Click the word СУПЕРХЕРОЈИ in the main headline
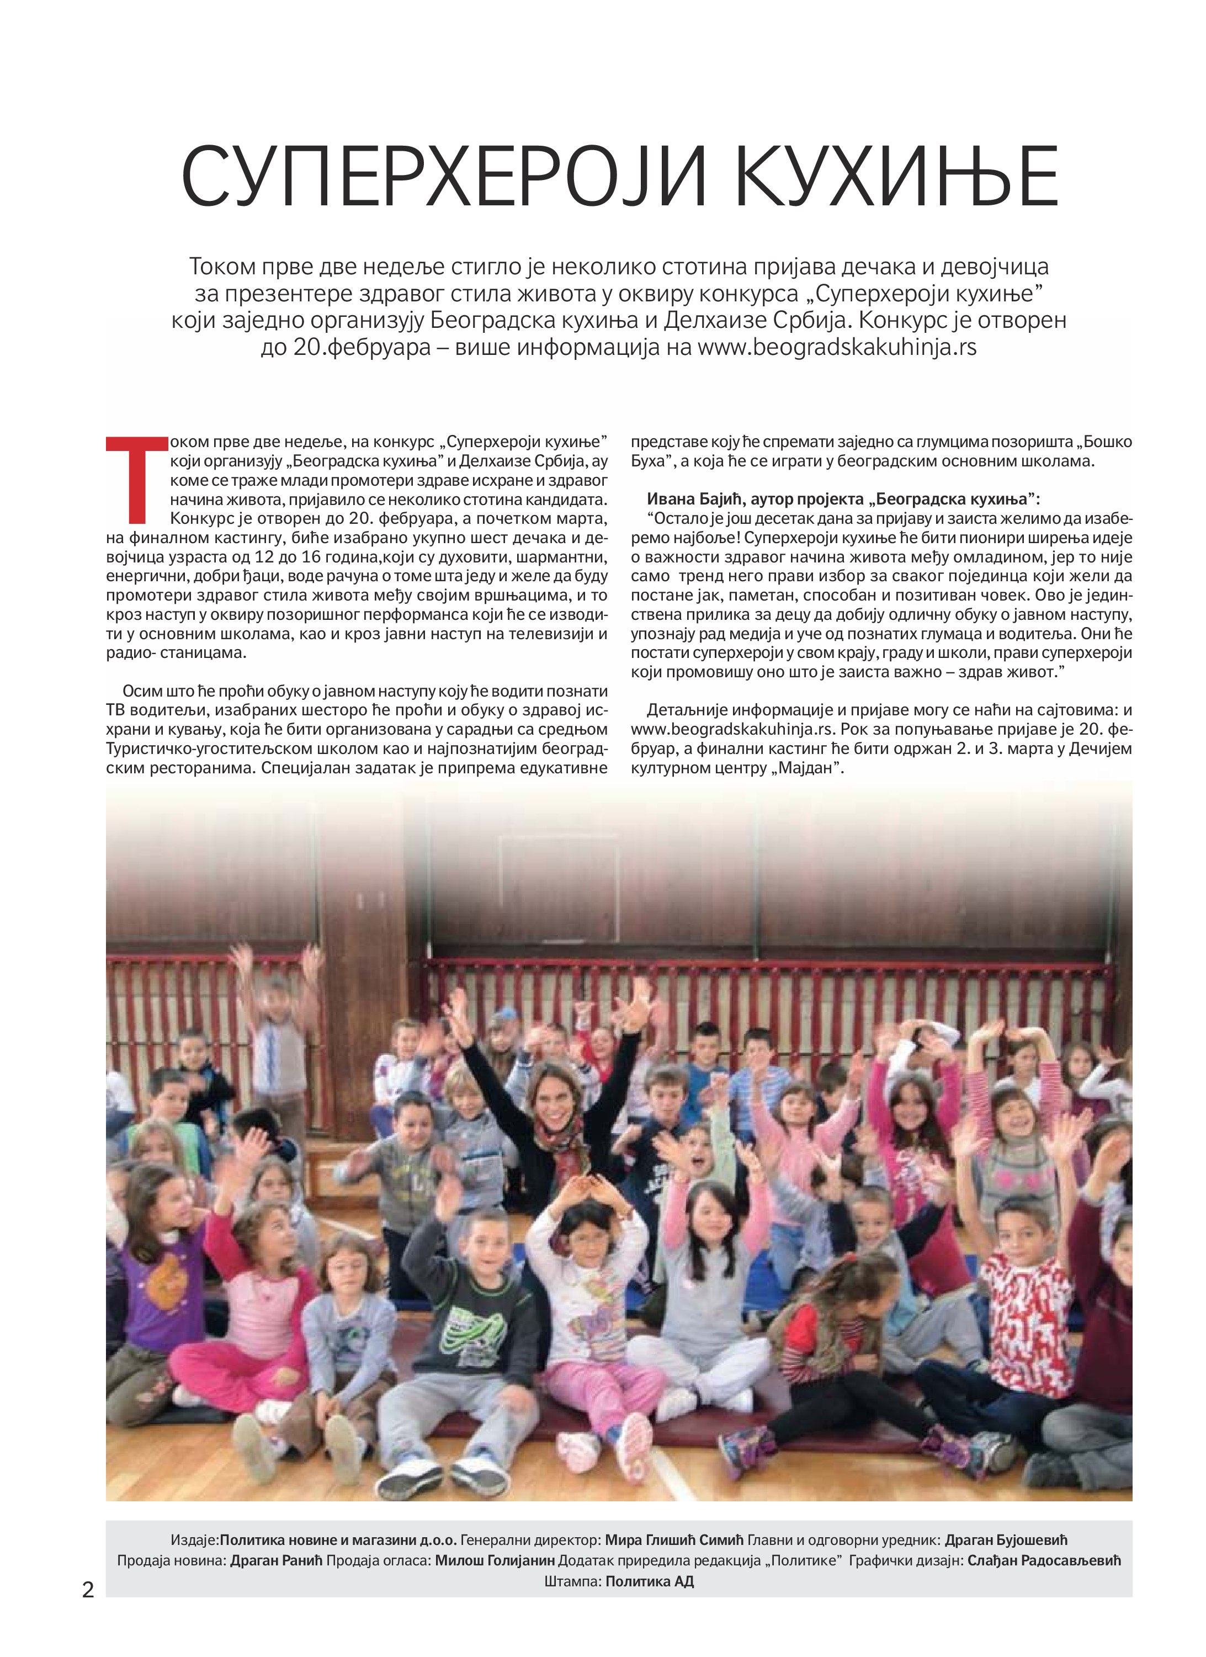point(431,176)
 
